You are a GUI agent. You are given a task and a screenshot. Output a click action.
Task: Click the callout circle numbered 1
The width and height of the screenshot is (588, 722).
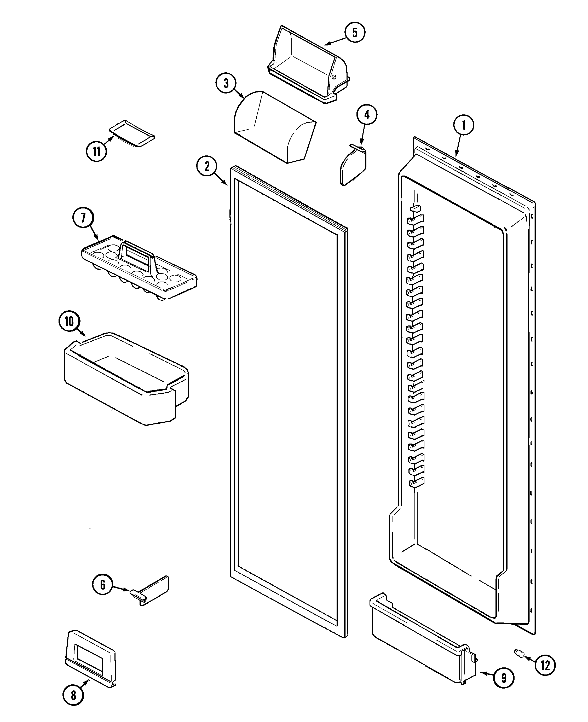coord(463,126)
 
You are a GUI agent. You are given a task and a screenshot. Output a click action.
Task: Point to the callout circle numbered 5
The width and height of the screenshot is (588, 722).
coord(355,32)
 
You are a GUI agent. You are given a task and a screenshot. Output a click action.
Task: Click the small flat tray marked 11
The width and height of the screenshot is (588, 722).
coord(132,133)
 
